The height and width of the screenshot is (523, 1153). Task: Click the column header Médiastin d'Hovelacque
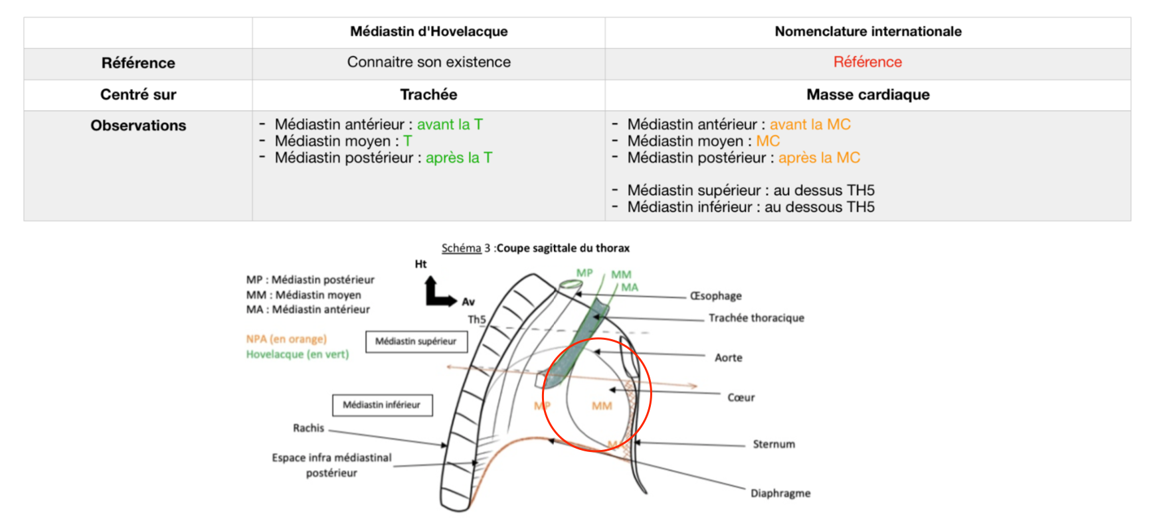(x=428, y=31)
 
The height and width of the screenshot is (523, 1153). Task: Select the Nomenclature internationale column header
(x=867, y=31)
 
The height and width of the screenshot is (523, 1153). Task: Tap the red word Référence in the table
(x=867, y=62)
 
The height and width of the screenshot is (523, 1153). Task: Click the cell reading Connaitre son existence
(x=428, y=62)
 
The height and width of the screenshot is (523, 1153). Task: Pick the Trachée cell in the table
(x=428, y=94)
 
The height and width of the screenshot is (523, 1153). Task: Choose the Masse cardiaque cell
(x=867, y=94)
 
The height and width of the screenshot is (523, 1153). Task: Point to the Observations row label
(x=138, y=125)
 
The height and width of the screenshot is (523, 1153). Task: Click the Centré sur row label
(x=138, y=94)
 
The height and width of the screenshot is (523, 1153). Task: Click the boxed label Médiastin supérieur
(x=416, y=341)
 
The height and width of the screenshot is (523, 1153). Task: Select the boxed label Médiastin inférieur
(x=382, y=405)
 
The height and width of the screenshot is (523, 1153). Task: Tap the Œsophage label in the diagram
(x=715, y=296)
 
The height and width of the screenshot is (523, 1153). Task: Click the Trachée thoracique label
(x=756, y=318)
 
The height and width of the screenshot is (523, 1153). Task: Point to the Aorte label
(x=728, y=358)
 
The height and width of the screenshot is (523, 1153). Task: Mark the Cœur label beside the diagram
(x=741, y=398)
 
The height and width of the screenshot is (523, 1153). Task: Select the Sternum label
(x=773, y=444)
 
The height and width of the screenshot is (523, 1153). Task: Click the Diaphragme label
(x=780, y=493)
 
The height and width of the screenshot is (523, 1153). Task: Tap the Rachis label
(x=308, y=428)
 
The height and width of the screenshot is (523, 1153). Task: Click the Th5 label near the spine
(x=477, y=319)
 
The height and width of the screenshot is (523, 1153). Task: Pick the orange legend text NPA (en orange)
(x=286, y=339)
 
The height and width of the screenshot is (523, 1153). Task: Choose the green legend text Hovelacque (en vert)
(x=297, y=354)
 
